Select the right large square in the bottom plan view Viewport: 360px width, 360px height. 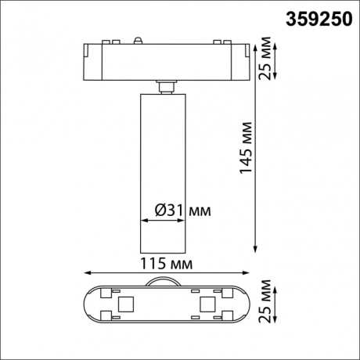click(207, 303)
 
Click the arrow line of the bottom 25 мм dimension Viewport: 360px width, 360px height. click(260, 303)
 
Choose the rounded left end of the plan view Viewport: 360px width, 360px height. click(88, 303)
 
